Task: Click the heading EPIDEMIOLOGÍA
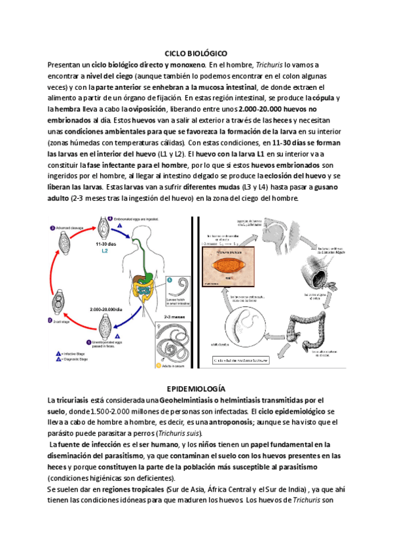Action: [196, 388]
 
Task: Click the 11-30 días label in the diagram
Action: [105, 244]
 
